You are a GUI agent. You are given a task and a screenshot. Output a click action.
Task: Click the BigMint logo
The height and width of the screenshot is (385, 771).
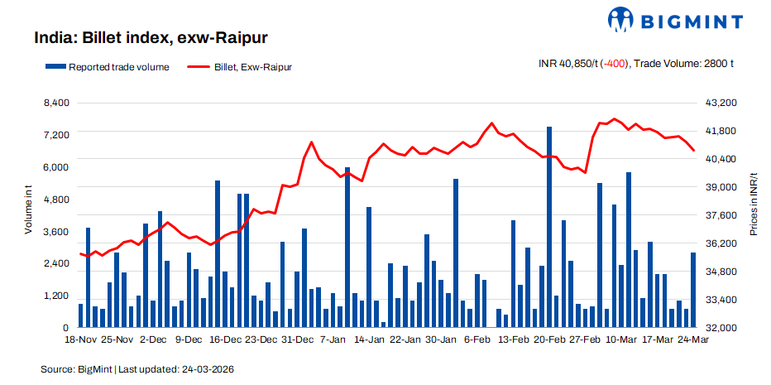click(675, 19)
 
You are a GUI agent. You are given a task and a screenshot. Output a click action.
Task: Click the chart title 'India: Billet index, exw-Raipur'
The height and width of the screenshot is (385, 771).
click(151, 37)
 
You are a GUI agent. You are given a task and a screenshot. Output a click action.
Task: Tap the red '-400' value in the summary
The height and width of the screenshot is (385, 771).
click(613, 63)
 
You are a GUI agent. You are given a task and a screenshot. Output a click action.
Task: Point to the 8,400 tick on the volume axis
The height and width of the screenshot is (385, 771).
click(57, 103)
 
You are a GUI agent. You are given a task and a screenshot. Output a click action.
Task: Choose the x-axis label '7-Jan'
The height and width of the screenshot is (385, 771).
click(333, 339)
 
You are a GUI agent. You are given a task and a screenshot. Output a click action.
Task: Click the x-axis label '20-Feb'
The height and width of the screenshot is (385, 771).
click(549, 339)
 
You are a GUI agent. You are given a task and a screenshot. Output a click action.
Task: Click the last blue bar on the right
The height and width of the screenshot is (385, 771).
click(693, 290)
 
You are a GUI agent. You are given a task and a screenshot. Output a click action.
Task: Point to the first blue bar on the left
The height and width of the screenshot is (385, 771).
click(81, 315)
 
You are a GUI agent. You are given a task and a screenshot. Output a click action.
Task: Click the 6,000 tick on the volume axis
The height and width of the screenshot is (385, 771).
click(57, 167)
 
